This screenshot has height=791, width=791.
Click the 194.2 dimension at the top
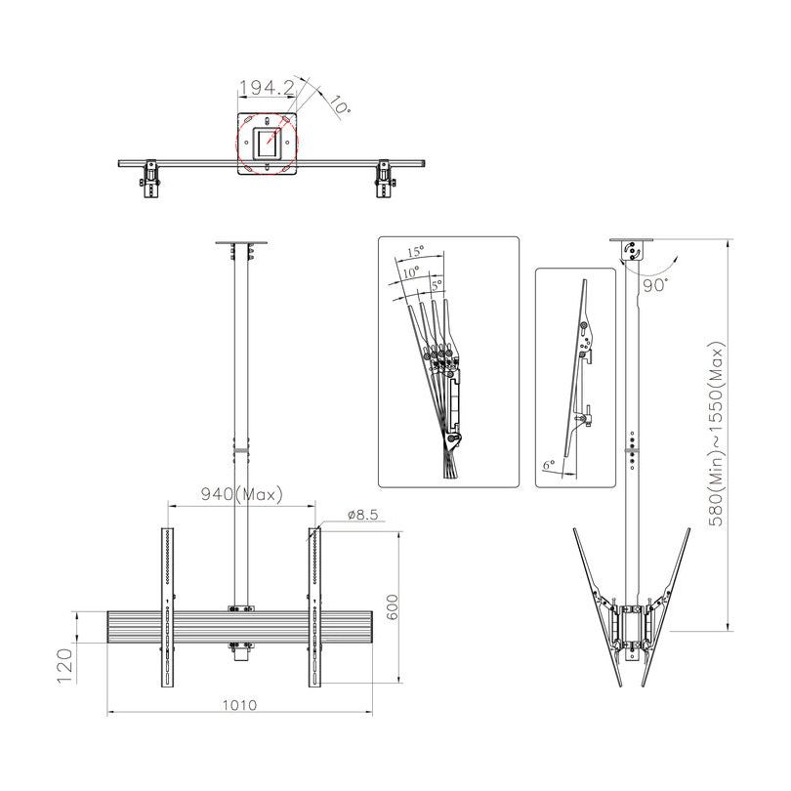coord(267,87)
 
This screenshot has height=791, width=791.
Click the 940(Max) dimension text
coord(241,494)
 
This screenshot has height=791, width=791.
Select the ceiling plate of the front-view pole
coord(241,243)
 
